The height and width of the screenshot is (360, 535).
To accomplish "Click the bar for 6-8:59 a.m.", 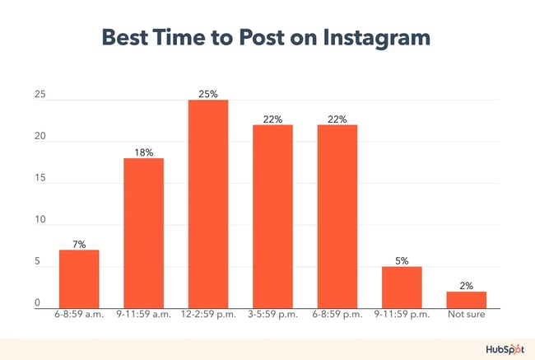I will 79,278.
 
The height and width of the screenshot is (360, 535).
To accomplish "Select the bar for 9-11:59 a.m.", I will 144,233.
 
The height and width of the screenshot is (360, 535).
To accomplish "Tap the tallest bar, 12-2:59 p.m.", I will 208,204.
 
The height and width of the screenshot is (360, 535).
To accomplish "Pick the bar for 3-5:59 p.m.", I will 272,217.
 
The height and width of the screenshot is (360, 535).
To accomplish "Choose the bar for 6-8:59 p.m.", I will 337,217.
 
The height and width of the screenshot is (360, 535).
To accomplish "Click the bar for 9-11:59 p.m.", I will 402,287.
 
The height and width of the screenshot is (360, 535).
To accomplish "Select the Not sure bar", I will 467,299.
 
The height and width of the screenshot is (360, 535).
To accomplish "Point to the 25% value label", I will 208,94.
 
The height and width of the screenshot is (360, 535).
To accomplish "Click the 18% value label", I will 144,152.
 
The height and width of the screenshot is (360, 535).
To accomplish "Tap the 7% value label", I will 79,243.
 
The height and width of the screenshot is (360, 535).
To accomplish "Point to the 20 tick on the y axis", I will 39,141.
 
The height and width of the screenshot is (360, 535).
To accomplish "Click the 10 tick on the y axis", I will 39,222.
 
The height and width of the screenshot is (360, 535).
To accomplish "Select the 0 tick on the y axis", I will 38,303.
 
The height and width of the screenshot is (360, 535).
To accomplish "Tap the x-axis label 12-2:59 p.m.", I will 208,315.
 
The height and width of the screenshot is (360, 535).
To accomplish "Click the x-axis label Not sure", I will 467,315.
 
